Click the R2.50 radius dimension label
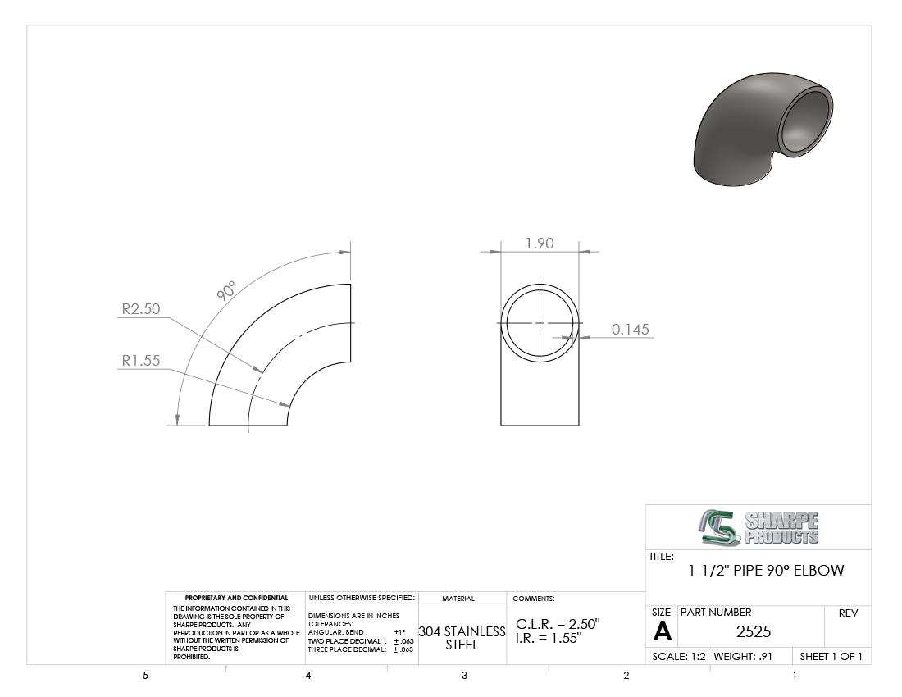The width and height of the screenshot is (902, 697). [141, 309]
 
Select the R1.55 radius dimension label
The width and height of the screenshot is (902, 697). [141, 361]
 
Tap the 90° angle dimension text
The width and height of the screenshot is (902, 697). [226, 291]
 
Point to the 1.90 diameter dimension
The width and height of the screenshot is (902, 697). [540, 244]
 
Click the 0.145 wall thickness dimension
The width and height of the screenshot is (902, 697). [630, 330]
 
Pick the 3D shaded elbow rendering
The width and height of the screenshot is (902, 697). [763, 130]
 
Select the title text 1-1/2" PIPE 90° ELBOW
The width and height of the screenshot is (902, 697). [766, 571]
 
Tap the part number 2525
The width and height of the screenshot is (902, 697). [754, 632]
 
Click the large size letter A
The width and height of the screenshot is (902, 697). [662, 632]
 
